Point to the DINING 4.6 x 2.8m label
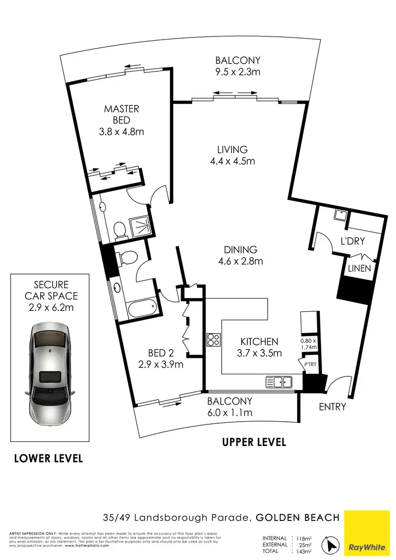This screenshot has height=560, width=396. point(240,255)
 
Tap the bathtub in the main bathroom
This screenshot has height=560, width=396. point(141,307)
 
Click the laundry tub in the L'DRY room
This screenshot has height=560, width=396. point(341,214)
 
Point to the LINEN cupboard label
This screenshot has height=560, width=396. point(359,268)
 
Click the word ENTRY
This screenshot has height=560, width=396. point(333,406)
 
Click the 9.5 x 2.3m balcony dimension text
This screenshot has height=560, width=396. point(238,72)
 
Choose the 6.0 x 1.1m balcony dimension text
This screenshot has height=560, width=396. point(230,412)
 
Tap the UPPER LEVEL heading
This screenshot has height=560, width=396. point(254,442)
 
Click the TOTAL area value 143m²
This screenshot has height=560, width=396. point(300,550)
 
